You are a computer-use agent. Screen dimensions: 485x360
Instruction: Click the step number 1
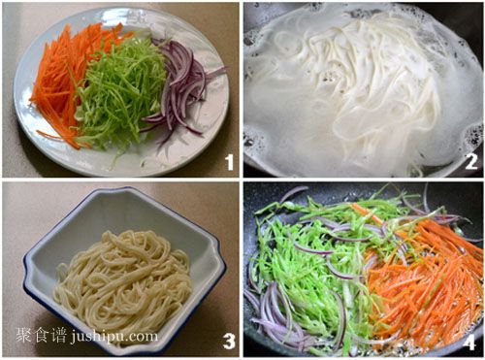(x=230, y=162)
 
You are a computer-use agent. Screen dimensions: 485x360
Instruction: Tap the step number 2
(x=470, y=162)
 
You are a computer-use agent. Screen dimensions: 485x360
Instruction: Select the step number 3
(x=229, y=341)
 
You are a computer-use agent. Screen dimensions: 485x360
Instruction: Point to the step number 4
(x=469, y=341)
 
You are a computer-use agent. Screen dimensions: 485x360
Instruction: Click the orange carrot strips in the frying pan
(x=427, y=278)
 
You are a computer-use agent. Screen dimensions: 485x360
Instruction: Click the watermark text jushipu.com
(x=113, y=337)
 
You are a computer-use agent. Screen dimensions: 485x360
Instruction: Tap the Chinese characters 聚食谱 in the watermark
(x=41, y=336)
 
